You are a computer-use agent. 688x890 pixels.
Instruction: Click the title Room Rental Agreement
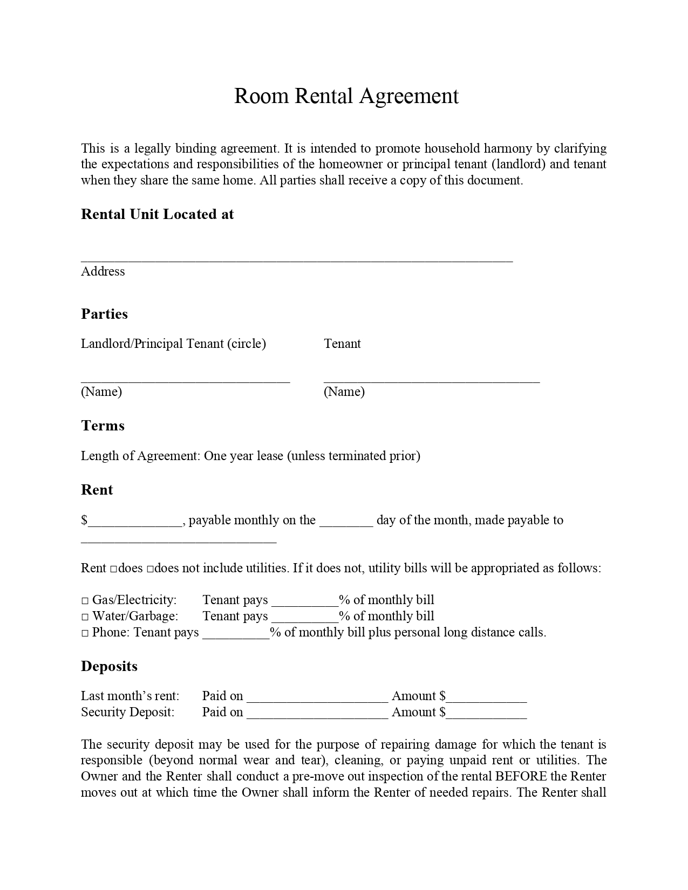pyautogui.click(x=346, y=96)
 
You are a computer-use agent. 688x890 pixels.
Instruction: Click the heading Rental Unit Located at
pyautogui.click(x=157, y=214)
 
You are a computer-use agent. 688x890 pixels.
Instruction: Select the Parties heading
pyautogui.click(x=104, y=314)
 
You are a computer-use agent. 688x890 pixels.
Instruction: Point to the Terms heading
pyautogui.click(x=103, y=426)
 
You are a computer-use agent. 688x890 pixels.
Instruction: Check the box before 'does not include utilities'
pyautogui.click(x=150, y=569)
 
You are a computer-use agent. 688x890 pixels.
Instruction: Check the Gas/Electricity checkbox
pyautogui.click(x=85, y=600)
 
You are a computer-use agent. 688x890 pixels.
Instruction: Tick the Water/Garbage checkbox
pyautogui.click(x=85, y=617)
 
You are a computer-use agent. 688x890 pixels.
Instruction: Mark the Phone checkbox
pyautogui.click(x=85, y=633)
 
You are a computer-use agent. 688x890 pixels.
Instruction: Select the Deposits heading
pyautogui.click(x=109, y=666)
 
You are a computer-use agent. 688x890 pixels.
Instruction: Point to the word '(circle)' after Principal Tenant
pyautogui.click(x=247, y=344)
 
